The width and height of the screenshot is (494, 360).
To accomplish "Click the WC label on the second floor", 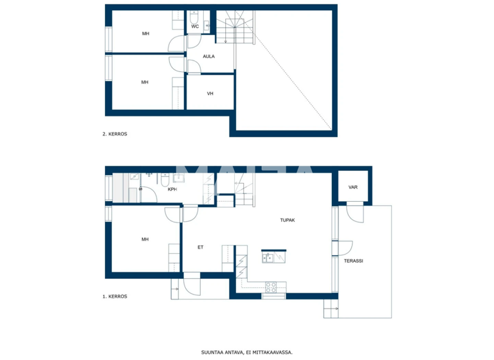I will (195, 26).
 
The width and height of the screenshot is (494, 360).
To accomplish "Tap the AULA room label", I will (208, 57).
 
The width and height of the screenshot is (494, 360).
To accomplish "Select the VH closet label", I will (210, 94).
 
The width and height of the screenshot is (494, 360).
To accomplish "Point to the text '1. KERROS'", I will (114, 296).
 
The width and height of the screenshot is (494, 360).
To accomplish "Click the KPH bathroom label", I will (172, 190).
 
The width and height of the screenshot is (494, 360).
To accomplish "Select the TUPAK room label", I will (287, 220).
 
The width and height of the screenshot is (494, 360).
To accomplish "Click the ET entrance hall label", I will (200, 246).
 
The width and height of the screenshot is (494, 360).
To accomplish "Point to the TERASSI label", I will (354, 261).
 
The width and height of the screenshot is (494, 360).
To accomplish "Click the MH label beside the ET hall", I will (145, 239).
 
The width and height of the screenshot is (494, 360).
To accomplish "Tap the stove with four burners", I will (271, 287).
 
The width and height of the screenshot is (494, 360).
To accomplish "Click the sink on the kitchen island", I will (269, 258).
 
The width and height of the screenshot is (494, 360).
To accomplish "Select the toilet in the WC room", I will (206, 25).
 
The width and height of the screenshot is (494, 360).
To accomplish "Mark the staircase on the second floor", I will (230, 30).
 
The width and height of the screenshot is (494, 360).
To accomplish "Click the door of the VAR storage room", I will (354, 211).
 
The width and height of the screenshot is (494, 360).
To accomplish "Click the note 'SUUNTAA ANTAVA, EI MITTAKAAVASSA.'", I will (247, 352).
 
